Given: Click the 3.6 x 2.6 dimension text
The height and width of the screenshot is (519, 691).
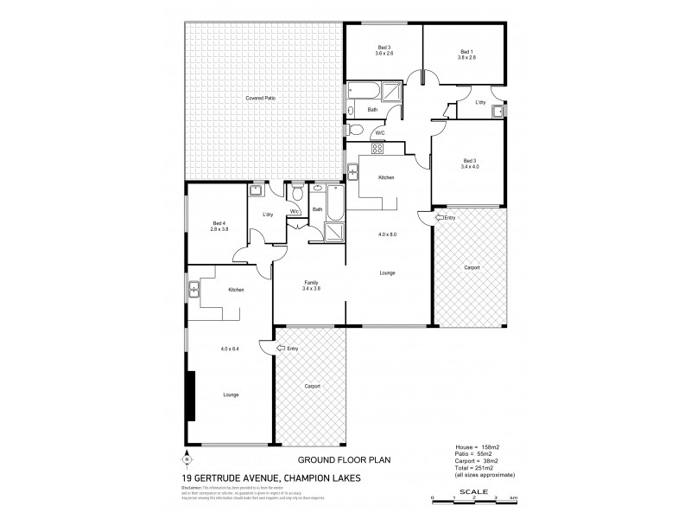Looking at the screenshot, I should click(384, 54).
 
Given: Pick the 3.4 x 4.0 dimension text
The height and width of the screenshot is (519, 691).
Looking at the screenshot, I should click(469, 166).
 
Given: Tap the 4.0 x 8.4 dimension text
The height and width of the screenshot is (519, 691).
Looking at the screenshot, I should click(231, 348).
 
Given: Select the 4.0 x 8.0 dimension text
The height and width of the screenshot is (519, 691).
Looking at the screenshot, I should click(388, 234).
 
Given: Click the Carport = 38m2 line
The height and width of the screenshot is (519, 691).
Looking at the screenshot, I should click(479, 462).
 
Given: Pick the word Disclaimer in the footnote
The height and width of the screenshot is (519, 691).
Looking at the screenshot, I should click(194, 487).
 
